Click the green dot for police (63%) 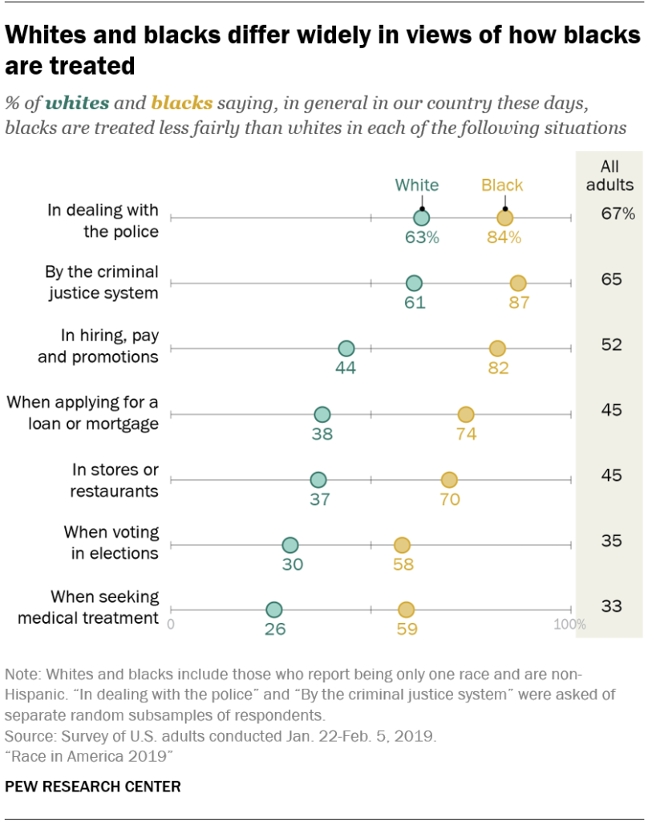(422, 218)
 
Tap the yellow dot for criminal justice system (518, 283)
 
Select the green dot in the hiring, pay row (346, 348)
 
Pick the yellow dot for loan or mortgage (466, 414)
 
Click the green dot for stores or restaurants (318, 480)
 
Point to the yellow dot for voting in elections (402, 545)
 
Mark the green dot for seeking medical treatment (274, 610)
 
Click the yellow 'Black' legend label (502, 185)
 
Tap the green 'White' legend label (417, 185)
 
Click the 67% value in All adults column (618, 214)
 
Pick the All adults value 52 (612, 345)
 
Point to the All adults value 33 (612, 606)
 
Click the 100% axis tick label (570, 625)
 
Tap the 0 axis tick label (171, 625)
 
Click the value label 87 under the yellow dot (519, 303)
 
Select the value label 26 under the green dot (275, 629)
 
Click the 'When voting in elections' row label (111, 542)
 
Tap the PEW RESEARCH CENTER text (93, 787)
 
